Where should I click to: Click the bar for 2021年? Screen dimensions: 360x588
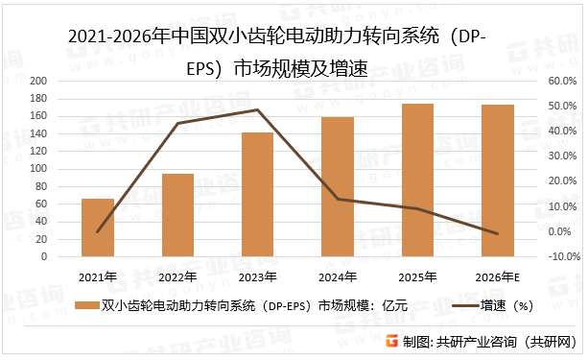pos(98,228)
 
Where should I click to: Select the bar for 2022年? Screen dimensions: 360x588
pos(177,216)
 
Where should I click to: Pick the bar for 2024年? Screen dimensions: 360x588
pos(338,187)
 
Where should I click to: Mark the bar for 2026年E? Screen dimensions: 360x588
pos(497,181)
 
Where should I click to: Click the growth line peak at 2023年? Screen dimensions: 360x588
pos(257,110)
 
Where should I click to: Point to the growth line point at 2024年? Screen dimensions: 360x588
pos(338,199)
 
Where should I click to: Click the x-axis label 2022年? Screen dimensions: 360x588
pos(177,277)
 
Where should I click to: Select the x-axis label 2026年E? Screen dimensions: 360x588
pos(497,277)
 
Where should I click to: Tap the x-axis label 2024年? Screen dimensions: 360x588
pos(338,277)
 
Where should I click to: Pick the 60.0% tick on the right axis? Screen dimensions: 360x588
pos(561,82)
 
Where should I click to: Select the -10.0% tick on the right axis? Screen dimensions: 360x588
pos(561,257)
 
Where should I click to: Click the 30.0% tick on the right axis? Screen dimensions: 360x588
pos(561,156)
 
